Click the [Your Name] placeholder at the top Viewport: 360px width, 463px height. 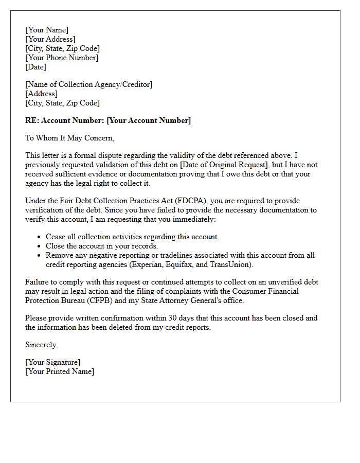(x=47, y=30)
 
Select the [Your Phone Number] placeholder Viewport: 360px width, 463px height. (x=62, y=58)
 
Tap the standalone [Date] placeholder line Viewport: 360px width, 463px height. (x=35, y=67)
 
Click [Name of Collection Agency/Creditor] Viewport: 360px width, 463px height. (x=88, y=84)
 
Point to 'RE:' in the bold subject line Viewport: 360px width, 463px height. (x=32, y=120)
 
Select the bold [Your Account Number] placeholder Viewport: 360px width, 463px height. (x=149, y=120)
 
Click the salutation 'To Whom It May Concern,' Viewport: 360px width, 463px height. (x=69, y=138)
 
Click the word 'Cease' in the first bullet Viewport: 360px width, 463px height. (x=56, y=237)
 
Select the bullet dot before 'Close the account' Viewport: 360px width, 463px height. (x=40, y=246)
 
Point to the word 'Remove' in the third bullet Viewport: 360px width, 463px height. (x=60, y=255)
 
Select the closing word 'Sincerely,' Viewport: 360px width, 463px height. (x=42, y=345)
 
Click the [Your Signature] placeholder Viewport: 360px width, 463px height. (x=53, y=362)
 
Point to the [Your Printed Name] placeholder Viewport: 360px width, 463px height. (x=60, y=371)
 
